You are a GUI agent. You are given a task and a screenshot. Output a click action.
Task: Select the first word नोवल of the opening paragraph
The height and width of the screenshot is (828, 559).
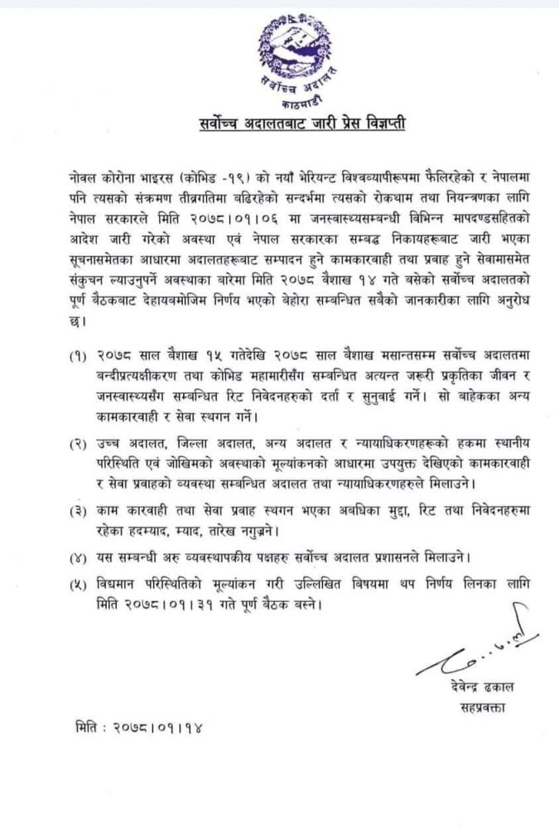point(89,177)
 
